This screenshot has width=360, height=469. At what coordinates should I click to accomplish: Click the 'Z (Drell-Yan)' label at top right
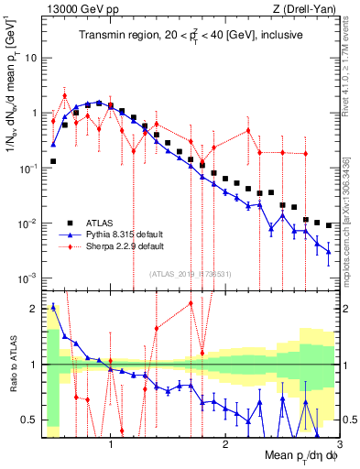[x=308, y=10]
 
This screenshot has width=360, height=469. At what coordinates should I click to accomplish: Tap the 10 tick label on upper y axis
[x=30, y=57]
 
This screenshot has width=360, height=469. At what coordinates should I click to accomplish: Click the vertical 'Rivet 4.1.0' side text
[x=350, y=73]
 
